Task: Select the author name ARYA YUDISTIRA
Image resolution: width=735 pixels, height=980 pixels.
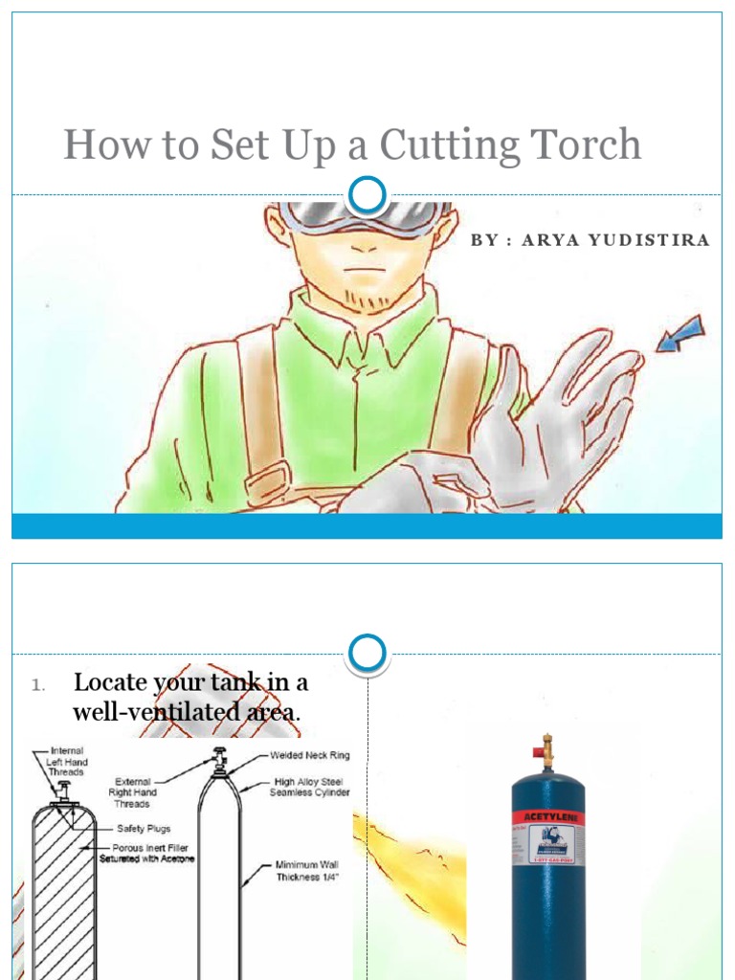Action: click(x=615, y=240)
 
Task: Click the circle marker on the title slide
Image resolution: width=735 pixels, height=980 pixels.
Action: click(x=367, y=195)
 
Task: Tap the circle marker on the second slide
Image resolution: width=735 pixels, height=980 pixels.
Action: click(x=367, y=654)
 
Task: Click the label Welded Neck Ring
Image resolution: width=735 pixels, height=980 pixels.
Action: click(x=309, y=756)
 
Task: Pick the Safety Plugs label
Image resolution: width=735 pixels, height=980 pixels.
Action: click(x=144, y=829)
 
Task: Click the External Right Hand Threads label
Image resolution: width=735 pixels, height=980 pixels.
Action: click(x=134, y=792)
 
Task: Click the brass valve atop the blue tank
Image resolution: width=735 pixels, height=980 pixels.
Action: click(x=546, y=751)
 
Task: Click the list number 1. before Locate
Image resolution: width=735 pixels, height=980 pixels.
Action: click(x=37, y=684)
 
